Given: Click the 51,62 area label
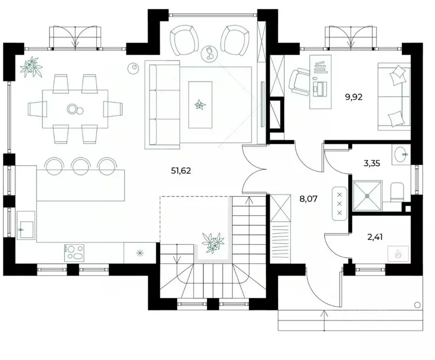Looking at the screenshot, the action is (x=181, y=171).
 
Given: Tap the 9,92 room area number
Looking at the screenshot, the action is (x=354, y=97).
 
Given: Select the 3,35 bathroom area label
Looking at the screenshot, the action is (x=372, y=163).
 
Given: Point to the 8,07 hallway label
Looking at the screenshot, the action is (x=308, y=199).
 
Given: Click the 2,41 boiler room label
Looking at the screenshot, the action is (x=375, y=237).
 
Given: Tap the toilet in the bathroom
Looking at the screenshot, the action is (x=397, y=192).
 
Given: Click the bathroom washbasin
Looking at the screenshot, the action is (x=401, y=154).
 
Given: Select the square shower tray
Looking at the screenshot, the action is (x=367, y=195).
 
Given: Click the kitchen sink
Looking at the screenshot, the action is (x=26, y=225).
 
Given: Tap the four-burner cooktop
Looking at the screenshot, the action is (x=74, y=253).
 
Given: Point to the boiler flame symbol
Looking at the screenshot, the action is (x=398, y=253).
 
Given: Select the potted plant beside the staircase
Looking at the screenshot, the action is (x=213, y=242).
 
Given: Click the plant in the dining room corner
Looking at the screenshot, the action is (x=31, y=66).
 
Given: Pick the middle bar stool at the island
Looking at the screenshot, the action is (x=81, y=166).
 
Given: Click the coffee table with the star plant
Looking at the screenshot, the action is (x=200, y=105).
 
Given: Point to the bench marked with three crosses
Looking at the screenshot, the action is (x=339, y=203).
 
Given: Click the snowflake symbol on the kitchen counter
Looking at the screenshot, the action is (x=140, y=253).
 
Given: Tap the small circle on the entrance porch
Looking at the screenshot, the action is (x=417, y=305).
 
